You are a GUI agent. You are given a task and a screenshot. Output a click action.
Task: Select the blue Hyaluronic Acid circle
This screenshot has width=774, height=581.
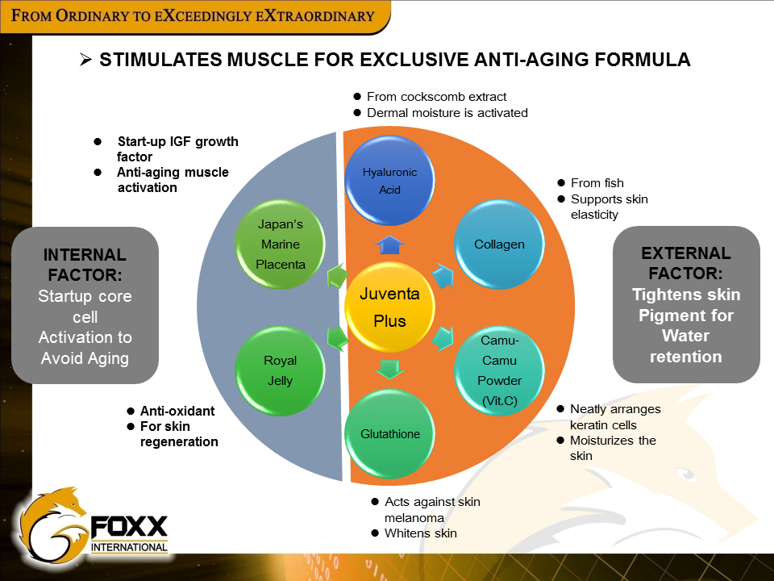(390, 181)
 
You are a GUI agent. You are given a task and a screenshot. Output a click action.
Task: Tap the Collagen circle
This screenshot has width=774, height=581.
(499, 244)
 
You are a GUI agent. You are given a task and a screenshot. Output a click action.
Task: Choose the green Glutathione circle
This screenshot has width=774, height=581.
(390, 434)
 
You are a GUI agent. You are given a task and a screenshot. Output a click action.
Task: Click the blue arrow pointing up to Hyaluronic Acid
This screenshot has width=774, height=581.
(390, 245)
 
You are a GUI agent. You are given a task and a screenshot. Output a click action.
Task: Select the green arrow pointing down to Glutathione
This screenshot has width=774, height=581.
(390, 369)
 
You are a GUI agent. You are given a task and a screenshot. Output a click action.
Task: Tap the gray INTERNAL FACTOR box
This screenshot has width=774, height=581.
(85, 305)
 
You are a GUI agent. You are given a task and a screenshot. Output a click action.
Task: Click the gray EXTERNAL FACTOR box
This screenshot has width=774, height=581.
(686, 304)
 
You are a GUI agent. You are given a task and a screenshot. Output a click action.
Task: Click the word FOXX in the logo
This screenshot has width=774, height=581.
(129, 529)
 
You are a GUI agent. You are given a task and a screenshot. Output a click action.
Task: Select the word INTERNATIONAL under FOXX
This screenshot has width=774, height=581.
(129, 548)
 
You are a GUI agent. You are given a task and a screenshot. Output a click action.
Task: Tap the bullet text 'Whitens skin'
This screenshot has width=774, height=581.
(421, 533)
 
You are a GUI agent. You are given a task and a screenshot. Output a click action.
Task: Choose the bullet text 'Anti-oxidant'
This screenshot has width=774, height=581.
(177, 411)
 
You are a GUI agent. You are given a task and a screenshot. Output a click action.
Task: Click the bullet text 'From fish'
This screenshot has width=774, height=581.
(597, 183)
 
